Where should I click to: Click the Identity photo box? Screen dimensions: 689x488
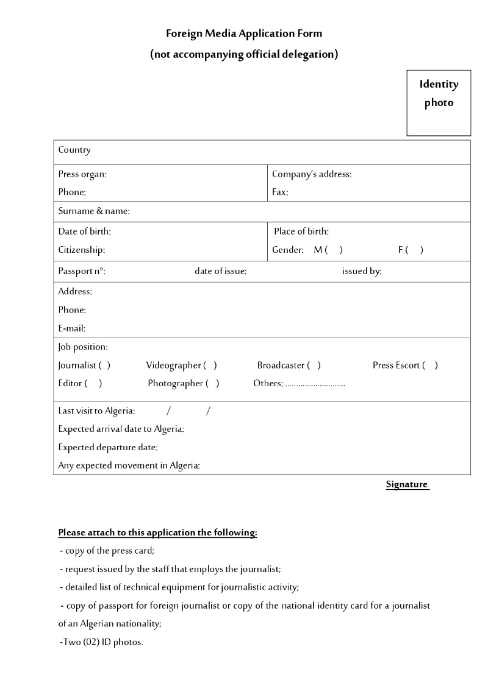point(439,102)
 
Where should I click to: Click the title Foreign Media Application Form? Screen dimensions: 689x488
point(244,34)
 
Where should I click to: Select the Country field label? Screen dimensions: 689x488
point(74,150)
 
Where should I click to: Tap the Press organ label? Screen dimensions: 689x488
point(82,174)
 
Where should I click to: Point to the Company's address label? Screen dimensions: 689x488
point(312,174)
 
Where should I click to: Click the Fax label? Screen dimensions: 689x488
point(280,193)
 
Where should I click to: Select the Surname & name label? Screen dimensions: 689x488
point(94,211)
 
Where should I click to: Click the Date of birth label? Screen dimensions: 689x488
point(85,231)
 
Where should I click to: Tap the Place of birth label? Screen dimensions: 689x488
point(301,231)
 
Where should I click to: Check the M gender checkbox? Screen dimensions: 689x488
point(334,250)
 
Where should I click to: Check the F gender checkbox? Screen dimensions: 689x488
point(414,250)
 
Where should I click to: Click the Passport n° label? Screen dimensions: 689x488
point(82,272)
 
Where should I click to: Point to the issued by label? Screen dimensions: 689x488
point(362,272)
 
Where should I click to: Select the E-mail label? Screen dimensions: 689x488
point(72,329)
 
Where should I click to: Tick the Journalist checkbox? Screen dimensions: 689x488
point(104,366)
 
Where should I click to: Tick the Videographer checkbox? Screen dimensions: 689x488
point(210,366)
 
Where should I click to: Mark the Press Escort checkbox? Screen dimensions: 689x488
point(430,366)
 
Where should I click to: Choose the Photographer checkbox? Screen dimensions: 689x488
point(212,384)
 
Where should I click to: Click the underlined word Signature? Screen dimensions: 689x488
point(407,485)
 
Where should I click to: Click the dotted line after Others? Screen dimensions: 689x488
point(315,384)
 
